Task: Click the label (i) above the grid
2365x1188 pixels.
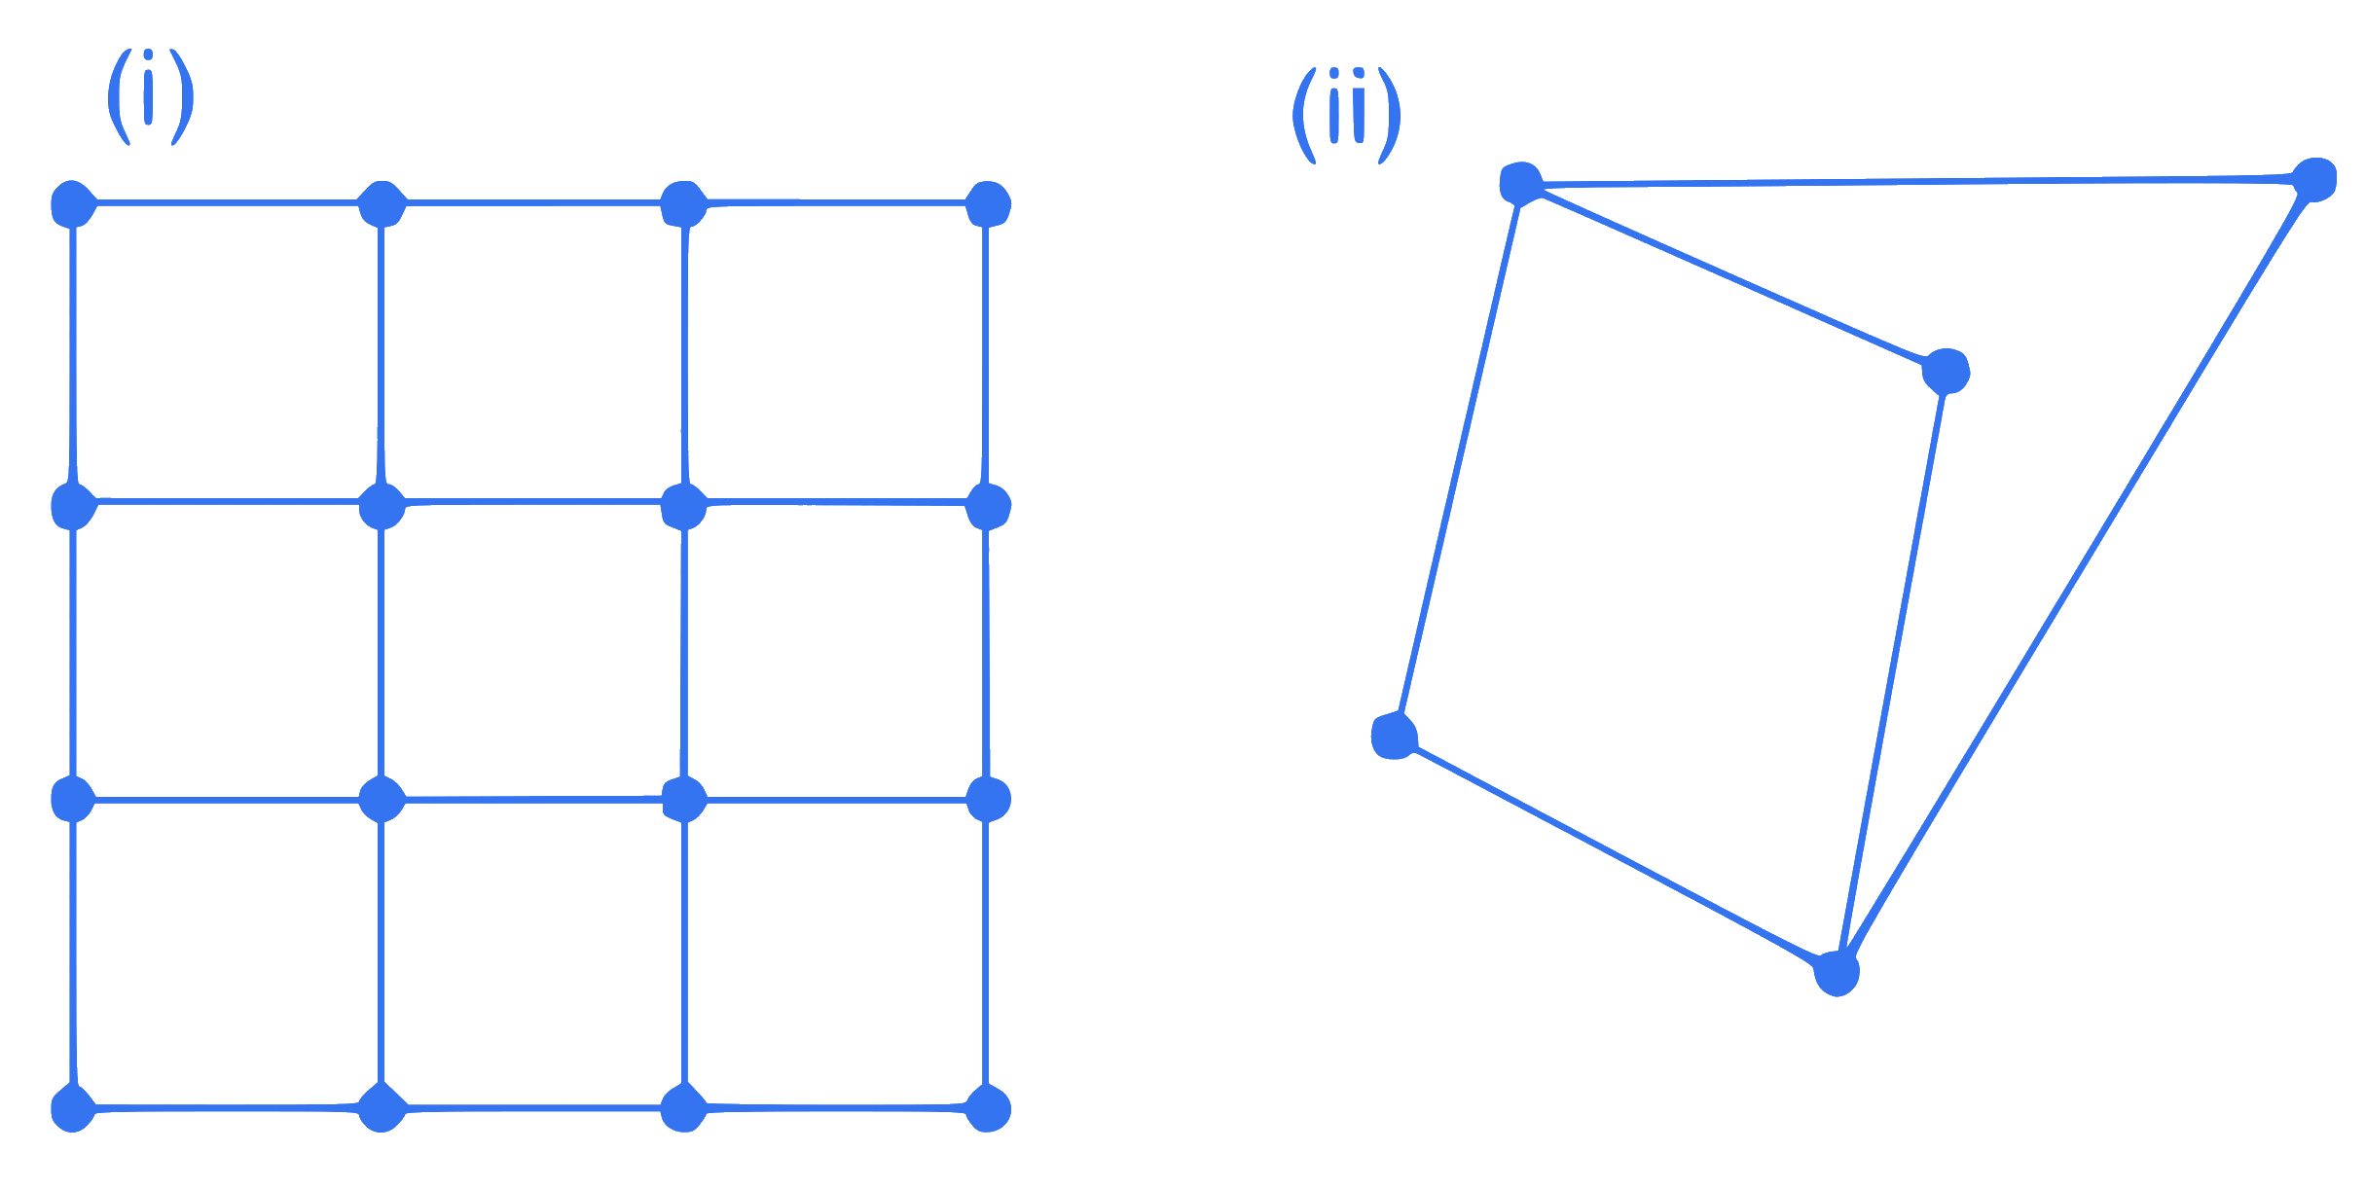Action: click(x=150, y=96)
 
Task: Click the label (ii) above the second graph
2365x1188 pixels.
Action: click(x=1346, y=115)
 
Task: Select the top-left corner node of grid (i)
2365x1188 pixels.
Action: click(x=73, y=203)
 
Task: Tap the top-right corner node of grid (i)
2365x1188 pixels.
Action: click(x=988, y=203)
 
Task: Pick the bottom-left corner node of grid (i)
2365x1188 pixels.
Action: click(x=73, y=1107)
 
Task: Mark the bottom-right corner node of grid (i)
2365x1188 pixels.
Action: click(x=988, y=1107)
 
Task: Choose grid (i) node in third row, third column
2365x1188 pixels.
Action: click(x=684, y=800)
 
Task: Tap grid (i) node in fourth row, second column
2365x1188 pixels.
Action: click(x=382, y=1107)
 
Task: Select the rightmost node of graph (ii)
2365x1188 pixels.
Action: click(x=2313, y=180)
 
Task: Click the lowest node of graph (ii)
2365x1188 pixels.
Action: click(x=1837, y=973)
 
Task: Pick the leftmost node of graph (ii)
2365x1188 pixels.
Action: click(x=1394, y=736)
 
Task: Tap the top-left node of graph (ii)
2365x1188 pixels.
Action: click(x=1521, y=183)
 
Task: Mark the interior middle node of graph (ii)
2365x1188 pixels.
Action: click(x=1947, y=372)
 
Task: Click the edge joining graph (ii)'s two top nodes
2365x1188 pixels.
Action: click(x=1917, y=181)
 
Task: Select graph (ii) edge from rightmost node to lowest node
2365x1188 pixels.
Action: click(x=2075, y=576)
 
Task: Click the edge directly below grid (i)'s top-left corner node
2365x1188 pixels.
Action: click(x=73, y=355)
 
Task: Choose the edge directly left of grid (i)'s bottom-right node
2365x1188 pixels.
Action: click(x=836, y=1107)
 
